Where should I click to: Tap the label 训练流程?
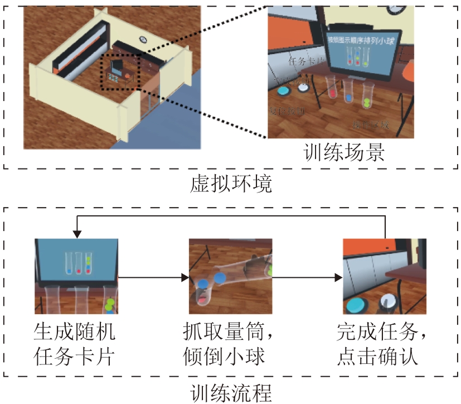231,392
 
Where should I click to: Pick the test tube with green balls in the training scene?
367,97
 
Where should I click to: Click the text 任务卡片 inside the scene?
306,61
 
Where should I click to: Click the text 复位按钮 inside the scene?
286,110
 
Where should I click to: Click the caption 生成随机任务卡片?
75,344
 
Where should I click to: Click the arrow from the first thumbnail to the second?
153,276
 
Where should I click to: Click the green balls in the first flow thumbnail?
110,305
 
